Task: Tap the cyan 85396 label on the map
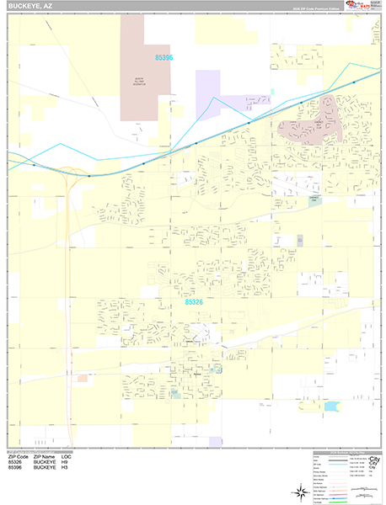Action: (x=164, y=58)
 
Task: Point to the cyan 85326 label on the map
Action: (x=194, y=300)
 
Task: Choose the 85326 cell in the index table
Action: (x=15, y=462)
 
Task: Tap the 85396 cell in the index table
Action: (x=15, y=468)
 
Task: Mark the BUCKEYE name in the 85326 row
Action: (x=45, y=462)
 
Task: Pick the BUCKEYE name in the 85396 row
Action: (x=45, y=468)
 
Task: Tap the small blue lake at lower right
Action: (x=330, y=407)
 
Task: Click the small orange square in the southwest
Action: (x=83, y=379)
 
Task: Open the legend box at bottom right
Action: (x=345, y=475)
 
